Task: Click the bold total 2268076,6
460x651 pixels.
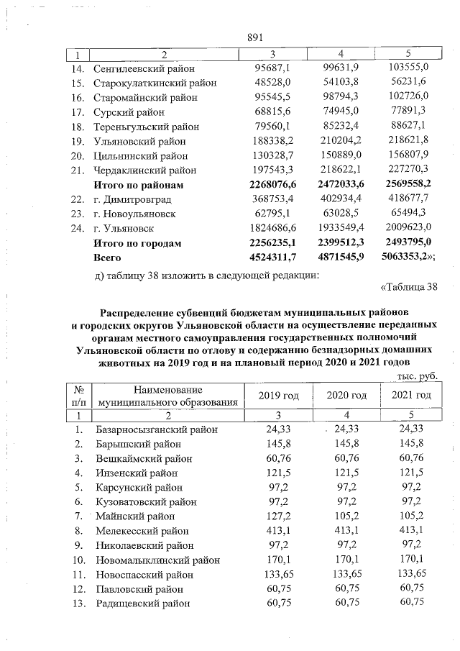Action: [267, 185]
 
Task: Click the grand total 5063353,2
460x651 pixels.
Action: [408, 257]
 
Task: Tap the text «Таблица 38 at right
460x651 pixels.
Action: [407, 288]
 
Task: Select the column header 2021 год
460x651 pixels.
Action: [411, 396]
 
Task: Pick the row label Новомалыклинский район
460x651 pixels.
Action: [157, 560]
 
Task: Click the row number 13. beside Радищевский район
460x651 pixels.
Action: [80, 604]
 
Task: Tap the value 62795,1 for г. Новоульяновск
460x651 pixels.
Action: [267, 214]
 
